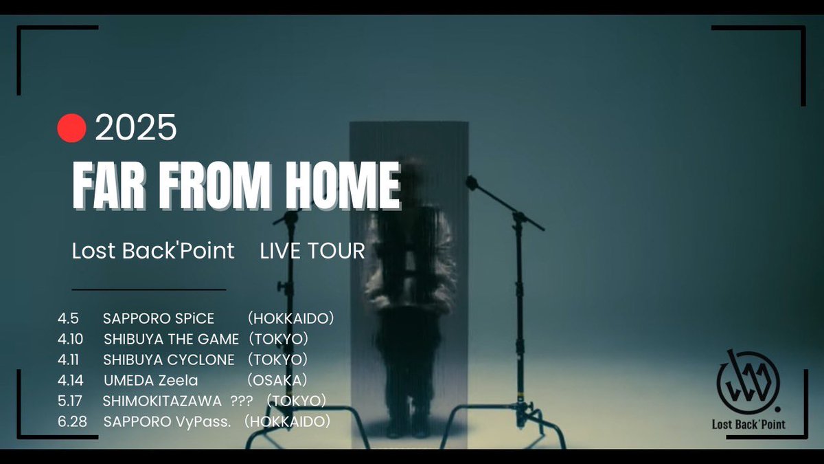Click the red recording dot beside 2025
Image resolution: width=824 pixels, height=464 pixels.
71,129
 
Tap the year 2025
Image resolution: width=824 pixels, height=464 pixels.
136,129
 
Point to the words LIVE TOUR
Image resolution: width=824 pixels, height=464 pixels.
312,251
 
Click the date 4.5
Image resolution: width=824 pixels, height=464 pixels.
69,319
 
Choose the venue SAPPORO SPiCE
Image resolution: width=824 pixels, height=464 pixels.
159,319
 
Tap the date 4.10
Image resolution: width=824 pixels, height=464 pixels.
71,340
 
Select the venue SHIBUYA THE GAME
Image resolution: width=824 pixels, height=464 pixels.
172,340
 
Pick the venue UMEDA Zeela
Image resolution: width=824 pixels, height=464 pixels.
150,380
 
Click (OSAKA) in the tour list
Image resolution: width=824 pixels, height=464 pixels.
277,380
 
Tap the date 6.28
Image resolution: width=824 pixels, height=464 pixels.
73,421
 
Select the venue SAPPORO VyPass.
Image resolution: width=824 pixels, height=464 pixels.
167,421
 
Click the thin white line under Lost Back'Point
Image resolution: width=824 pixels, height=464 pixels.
148,289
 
